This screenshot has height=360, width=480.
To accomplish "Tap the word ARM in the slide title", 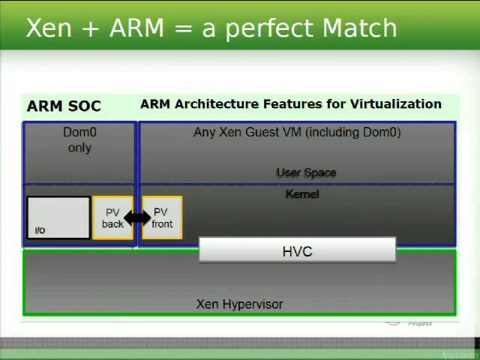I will (x=136, y=28).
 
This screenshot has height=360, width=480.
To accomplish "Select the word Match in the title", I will (x=359, y=28).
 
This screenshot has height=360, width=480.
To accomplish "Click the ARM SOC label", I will (x=64, y=106).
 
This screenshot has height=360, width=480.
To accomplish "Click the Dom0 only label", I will (x=79, y=139).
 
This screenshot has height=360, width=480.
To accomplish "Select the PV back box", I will (x=112, y=218).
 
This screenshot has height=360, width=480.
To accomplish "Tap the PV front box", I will (x=162, y=218).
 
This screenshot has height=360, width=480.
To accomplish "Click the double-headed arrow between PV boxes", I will (x=137, y=218).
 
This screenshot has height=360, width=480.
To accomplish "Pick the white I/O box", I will (x=58, y=217).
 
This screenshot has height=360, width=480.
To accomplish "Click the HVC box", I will (x=297, y=251).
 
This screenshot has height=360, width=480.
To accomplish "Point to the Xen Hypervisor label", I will (x=239, y=304).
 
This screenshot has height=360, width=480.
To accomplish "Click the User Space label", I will (x=306, y=172).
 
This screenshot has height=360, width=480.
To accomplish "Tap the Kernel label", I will (x=302, y=194).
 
